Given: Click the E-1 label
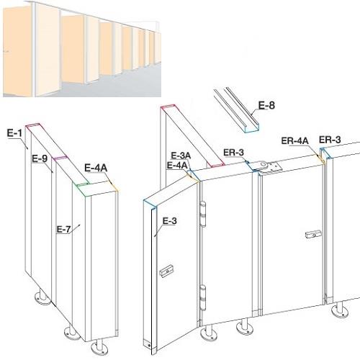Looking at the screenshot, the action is click(x=14, y=132).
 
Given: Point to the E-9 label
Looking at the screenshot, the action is click(x=40, y=158).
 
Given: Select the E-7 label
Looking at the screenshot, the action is click(x=64, y=230).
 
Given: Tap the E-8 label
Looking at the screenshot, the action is click(x=266, y=105).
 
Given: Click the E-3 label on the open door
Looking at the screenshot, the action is click(x=170, y=221).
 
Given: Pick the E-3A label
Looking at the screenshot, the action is click(x=181, y=156).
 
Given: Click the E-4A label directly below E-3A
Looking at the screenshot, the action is click(x=177, y=165).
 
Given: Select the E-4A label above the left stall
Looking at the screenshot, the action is click(x=96, y=168).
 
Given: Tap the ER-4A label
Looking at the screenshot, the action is click(x=294, y=140).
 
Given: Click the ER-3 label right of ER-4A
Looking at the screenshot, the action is click(x=330, y=140).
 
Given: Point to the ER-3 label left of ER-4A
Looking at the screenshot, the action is click(x=233, y=152).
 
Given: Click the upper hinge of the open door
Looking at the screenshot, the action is click(x=203, y=215).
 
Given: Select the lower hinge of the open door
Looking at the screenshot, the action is click(x=203, y=297).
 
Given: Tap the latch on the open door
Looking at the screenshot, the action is click(x=166, y=271).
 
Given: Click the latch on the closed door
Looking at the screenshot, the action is click(x=313, y=234).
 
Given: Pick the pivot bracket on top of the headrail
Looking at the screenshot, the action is click(x=269, y=166).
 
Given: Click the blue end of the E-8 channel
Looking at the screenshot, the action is click(x=251, y=128).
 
